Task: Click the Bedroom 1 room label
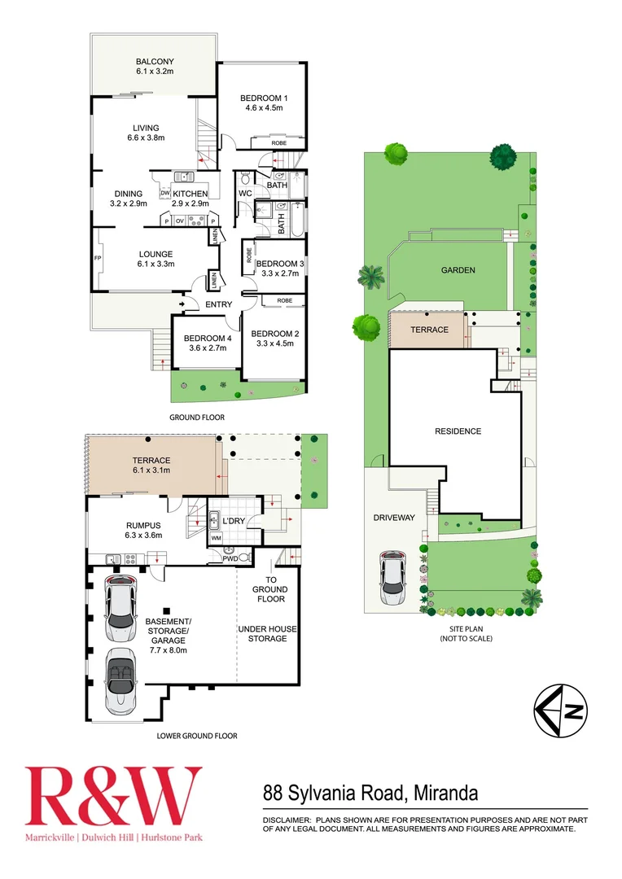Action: pyautogui.click(x=261, y=103)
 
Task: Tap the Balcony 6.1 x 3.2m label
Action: pyautogui.click(x=155, y=67)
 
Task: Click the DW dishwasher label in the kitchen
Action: pyautogui.click(x=165, y=193)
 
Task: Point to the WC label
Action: pyautogui.click(x=244, y=193)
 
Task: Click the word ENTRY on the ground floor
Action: pyautogui.click(x=219, y=305)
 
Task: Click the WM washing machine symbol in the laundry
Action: pyautogui.click(x=216, y=538)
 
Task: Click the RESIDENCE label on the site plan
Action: pyautogui.click(x=458, y=431)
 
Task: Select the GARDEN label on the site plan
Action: pyautogui.click(x=458, y=271)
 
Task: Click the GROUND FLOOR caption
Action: pyautogui.click(x=197, y=418)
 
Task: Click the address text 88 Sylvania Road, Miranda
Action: pyautogui.click(x=370, y=792)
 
